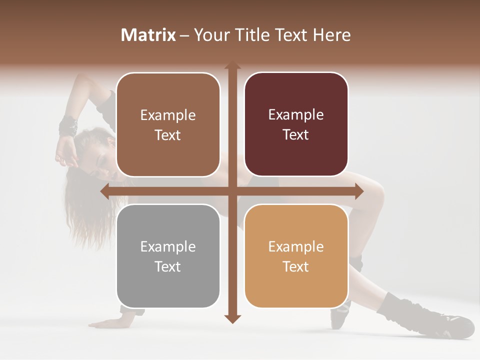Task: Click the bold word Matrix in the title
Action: click(148, 35)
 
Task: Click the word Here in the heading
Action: click(332, 35)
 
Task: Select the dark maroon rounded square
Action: click(296, 124)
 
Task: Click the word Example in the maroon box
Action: click(296, 115)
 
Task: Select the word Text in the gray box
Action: click(168, 266)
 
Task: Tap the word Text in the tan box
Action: click(296, 266)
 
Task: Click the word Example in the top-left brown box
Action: click(168, 115)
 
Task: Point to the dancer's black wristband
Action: click(68, 125)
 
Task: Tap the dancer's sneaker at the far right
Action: click(457, 325)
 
